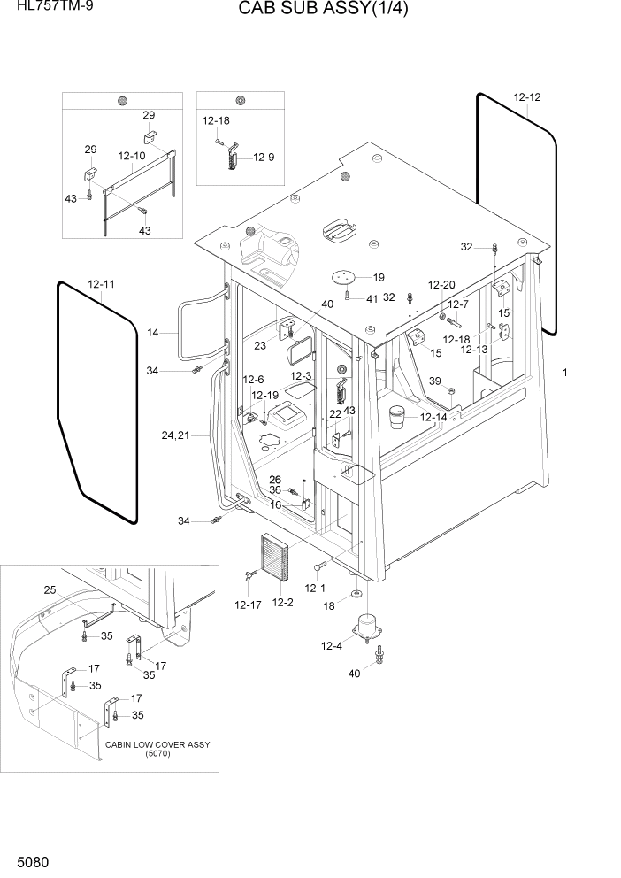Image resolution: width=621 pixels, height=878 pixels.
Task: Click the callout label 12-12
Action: click(526, 96)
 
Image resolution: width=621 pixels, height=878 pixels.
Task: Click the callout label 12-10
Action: click(131, 156)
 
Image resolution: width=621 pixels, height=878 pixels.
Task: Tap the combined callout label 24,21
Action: click(175, 435)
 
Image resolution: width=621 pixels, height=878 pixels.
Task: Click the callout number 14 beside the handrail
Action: click(152, 333)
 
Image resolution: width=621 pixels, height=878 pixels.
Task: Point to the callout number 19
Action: click(378, 277)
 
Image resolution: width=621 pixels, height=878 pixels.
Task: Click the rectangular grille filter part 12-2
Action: click(274, 559)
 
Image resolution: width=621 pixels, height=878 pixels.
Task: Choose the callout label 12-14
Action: click(433, 417)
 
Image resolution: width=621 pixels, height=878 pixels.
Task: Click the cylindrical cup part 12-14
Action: click(398, 416)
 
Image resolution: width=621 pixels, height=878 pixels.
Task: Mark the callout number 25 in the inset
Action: click(50, 589)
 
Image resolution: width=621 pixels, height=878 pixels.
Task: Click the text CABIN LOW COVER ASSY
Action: click(157, 744)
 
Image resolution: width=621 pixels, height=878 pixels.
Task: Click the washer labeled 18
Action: click(356, 592)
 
